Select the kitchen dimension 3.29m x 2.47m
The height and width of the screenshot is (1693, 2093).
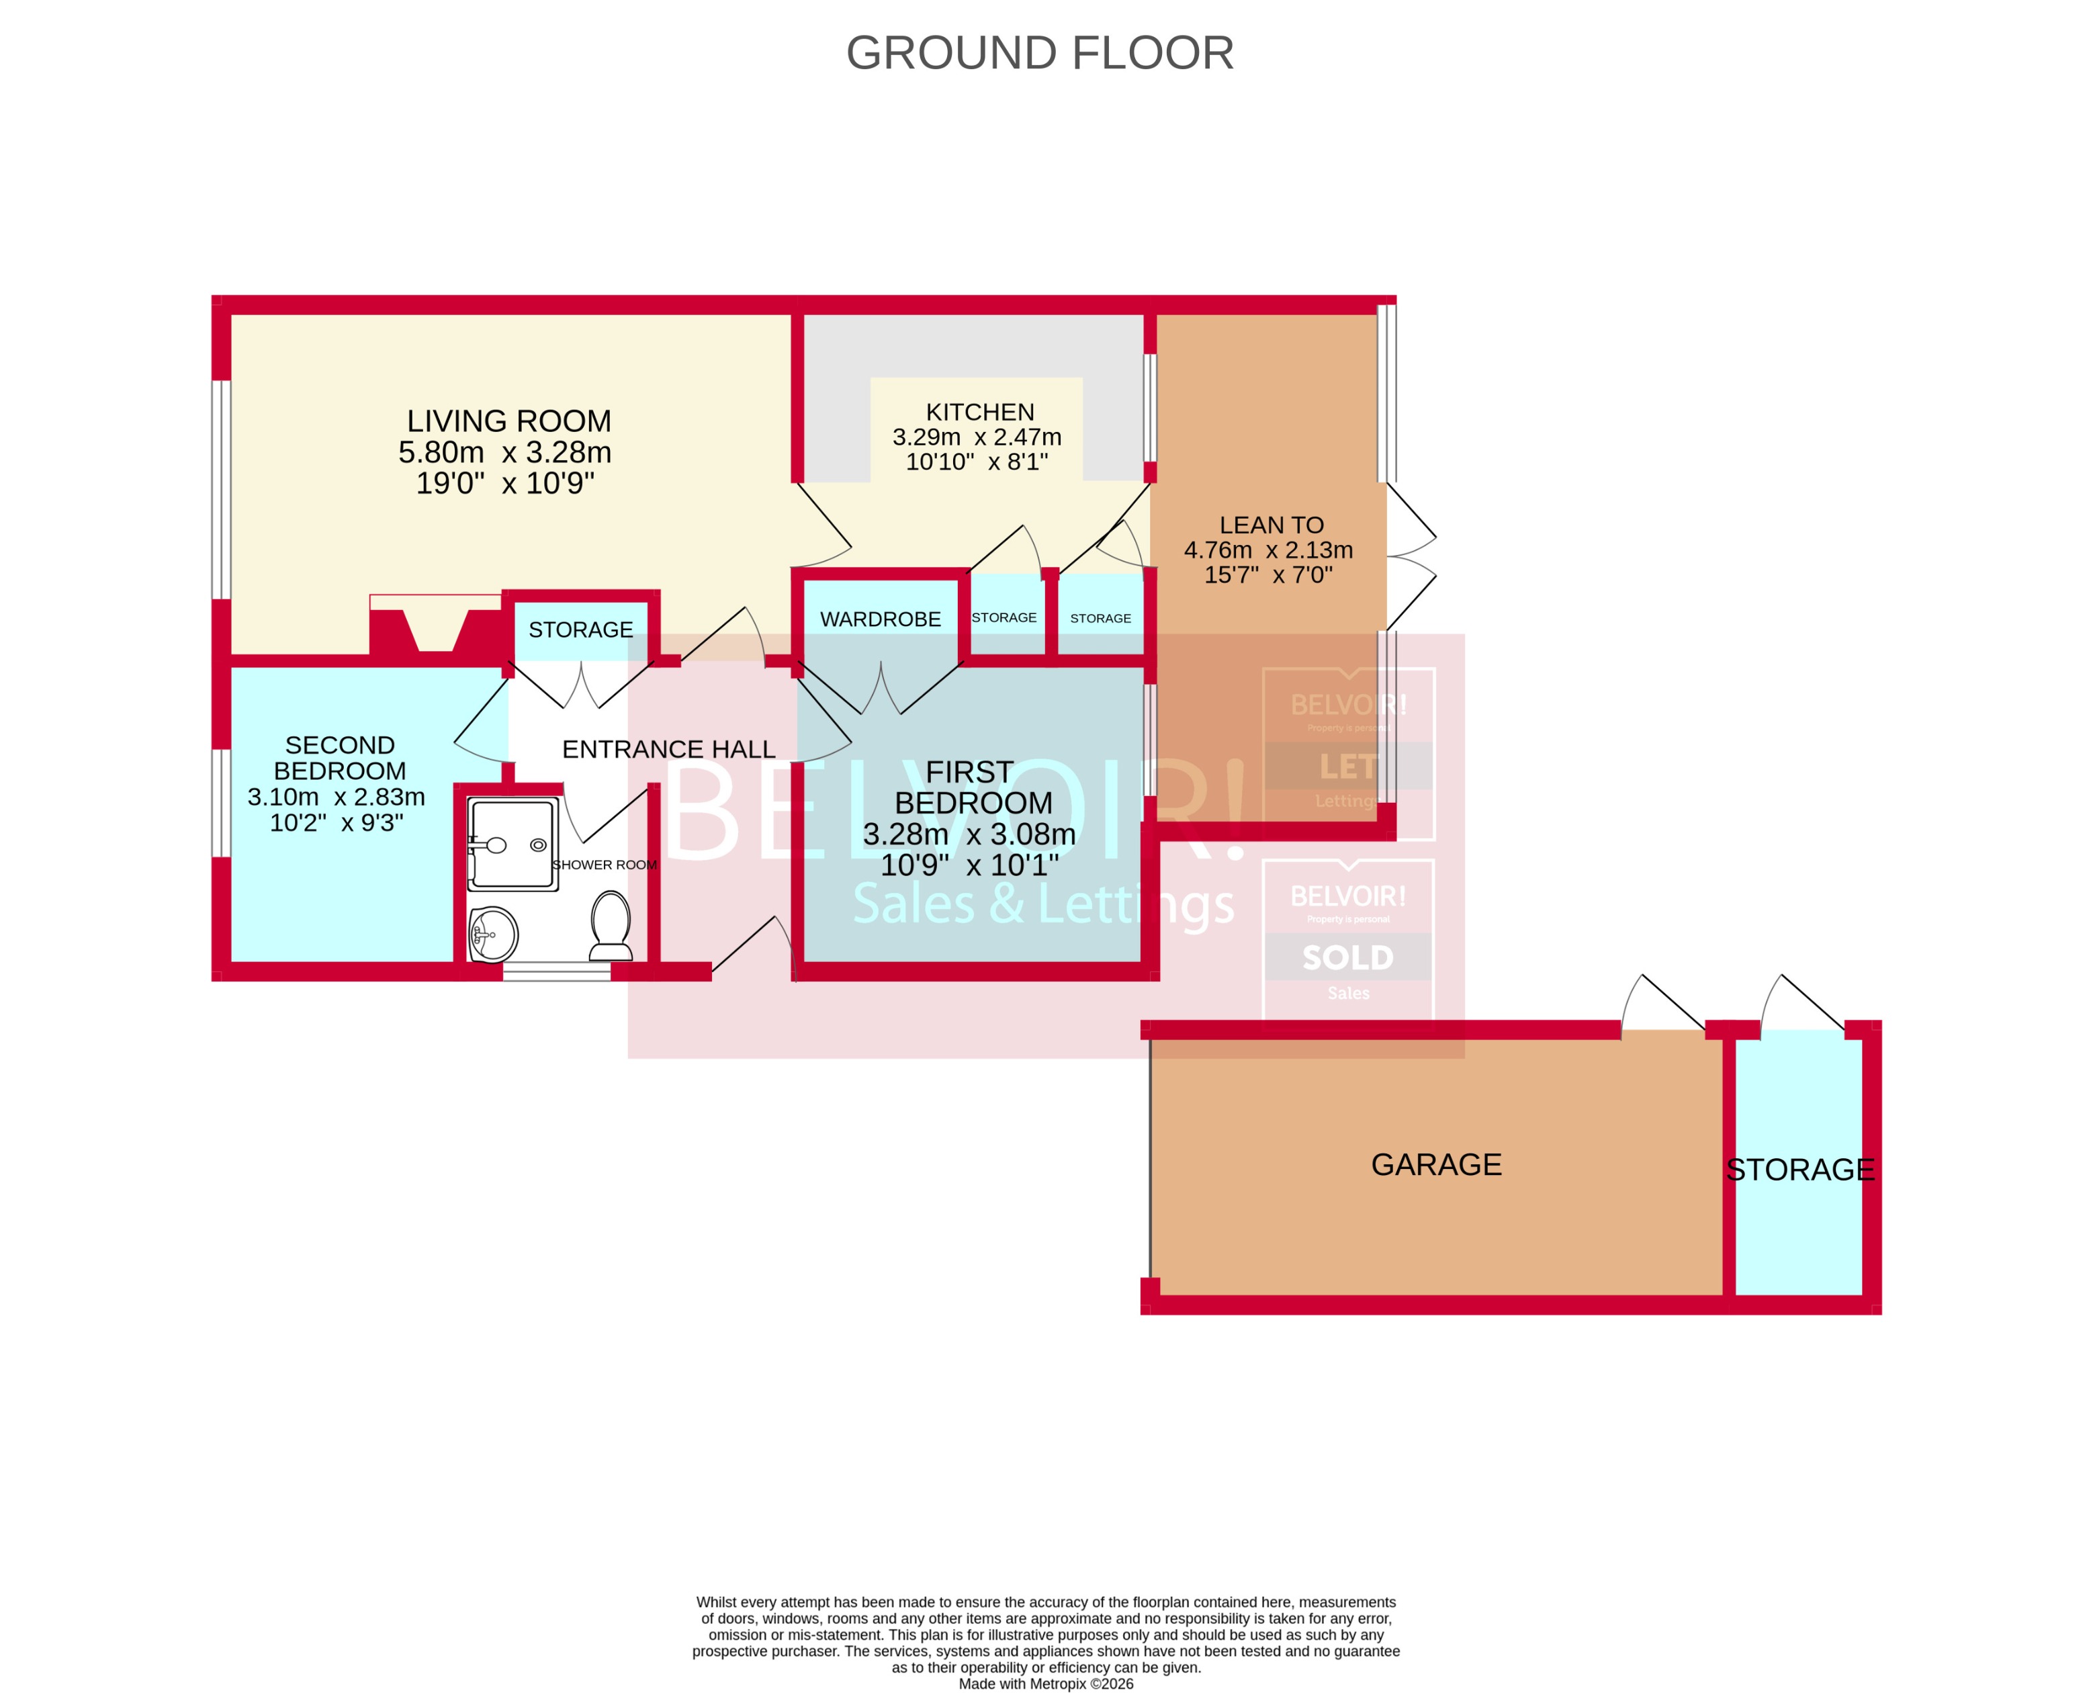976,437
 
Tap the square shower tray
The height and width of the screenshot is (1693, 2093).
513,844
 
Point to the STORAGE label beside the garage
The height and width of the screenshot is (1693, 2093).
1799,1169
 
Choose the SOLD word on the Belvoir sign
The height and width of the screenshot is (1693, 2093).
1347,957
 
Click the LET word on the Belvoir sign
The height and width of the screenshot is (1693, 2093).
1347,767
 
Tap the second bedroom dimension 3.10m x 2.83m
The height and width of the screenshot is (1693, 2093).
337,797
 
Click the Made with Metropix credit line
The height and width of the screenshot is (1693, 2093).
1045,1683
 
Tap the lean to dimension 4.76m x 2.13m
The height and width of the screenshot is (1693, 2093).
1267,550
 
